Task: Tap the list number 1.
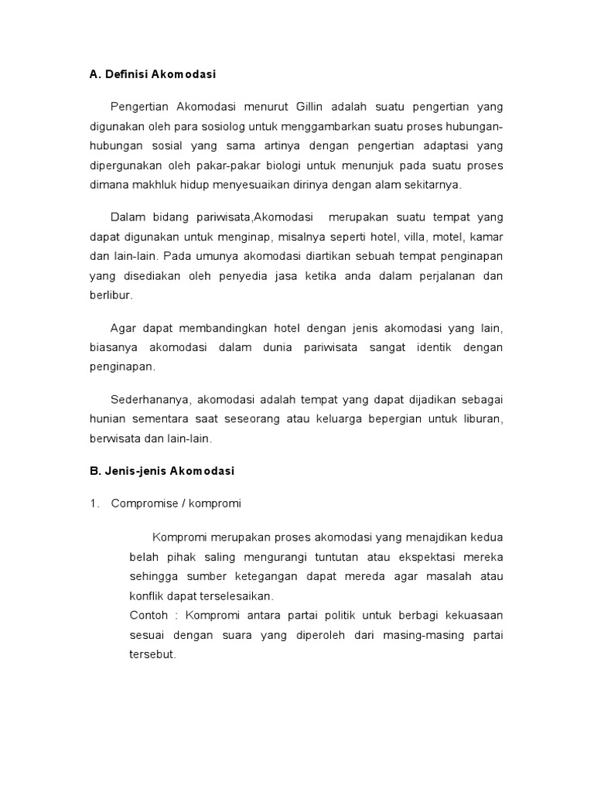pos(94,504)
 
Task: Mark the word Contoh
pos(146,616)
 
